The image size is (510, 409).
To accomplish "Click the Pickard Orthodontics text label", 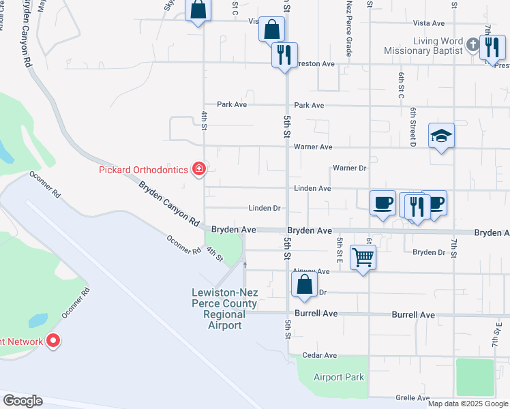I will coord(145,168).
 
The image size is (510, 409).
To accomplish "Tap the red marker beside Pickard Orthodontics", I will coord(198,168).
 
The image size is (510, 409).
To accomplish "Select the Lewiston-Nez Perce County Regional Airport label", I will coord(225,309).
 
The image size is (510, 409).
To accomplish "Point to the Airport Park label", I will coord(339,377).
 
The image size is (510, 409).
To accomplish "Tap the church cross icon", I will coord(473,46).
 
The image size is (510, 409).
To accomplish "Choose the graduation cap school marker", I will coord(441,136).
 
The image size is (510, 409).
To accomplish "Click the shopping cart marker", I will coord(363,258).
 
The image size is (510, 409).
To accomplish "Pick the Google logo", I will coord(22,400).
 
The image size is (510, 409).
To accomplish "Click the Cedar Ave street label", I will coord(320,355).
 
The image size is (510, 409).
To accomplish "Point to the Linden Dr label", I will coord(265,208).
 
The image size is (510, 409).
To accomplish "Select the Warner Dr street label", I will coord(350,168).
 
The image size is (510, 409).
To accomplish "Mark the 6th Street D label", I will coord(413,127).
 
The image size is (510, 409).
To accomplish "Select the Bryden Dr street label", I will coord(429,252).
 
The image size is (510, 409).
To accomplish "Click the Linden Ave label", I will coord(312,188).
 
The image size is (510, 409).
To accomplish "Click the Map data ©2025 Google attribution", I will coord(467,404).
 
